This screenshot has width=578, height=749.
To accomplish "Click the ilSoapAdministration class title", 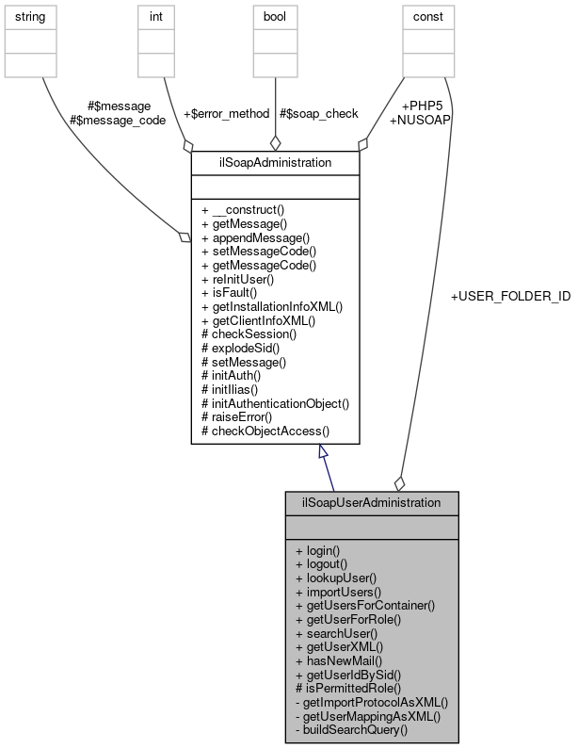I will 274,162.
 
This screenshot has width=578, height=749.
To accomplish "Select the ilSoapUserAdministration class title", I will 371,502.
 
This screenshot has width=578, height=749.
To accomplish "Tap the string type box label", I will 31,17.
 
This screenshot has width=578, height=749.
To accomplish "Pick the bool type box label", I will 274,17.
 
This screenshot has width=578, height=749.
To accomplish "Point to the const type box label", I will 423,17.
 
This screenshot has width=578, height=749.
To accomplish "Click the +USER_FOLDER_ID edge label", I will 510,297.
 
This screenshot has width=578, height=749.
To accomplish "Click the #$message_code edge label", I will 118,120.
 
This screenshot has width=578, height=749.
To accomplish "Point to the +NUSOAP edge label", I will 420,120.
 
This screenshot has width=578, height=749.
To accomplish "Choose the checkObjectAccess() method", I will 265,431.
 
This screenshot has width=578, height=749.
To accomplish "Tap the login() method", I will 317,549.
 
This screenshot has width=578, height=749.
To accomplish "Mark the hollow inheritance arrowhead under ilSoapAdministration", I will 323,453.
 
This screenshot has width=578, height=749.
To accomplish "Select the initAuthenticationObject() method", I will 276,402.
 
